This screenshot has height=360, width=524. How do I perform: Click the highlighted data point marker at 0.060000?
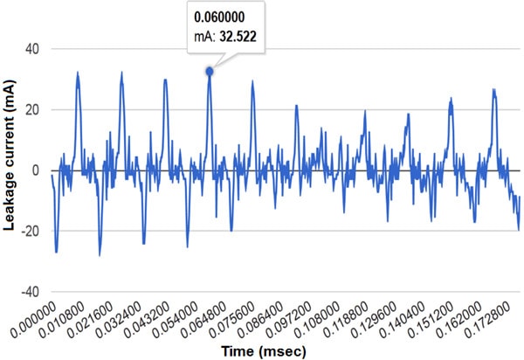(x=210, y=72)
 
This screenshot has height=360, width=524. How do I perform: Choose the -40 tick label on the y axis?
(x=31, y=291)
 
